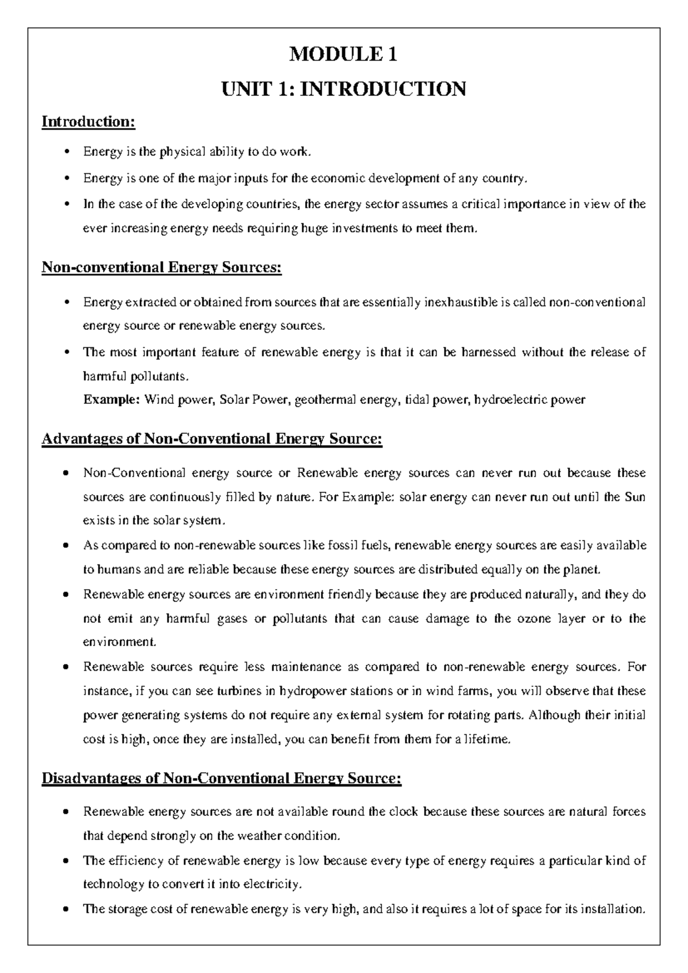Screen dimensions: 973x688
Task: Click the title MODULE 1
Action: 343,55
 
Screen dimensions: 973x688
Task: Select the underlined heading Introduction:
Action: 88,122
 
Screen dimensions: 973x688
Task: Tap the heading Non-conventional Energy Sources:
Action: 162,268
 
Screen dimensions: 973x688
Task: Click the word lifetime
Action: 487,740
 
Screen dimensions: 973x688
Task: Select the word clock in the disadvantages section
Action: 403,812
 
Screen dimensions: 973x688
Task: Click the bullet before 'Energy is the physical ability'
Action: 68,152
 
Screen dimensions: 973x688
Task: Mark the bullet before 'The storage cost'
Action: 68,909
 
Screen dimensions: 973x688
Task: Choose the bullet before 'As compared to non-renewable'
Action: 68,546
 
